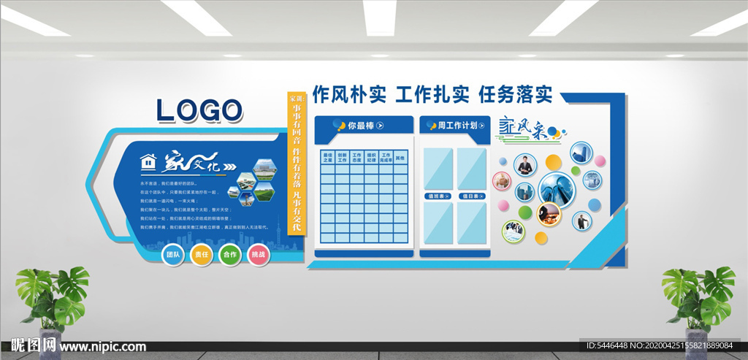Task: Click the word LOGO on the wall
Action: [x=199, y=110]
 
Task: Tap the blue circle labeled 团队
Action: [x=172, y=256]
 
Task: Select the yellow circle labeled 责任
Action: [x=201, y=256]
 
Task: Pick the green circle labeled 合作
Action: [x=229, y=256]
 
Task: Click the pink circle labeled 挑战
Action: [x=258, y=256]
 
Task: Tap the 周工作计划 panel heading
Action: [x=457, y=126]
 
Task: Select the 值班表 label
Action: [x=438, y=196]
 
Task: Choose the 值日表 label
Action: [x=470, y=196]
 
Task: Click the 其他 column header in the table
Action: [x=400, y=158]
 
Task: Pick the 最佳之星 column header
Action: [x=327, y=158]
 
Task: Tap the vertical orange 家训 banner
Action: [x=296, y=164]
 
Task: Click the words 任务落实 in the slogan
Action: [x=515, y=94]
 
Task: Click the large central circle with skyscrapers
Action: [x=557, y=188]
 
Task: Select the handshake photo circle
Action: [x=514, y=231]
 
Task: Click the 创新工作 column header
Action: [x=342, y=158]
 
